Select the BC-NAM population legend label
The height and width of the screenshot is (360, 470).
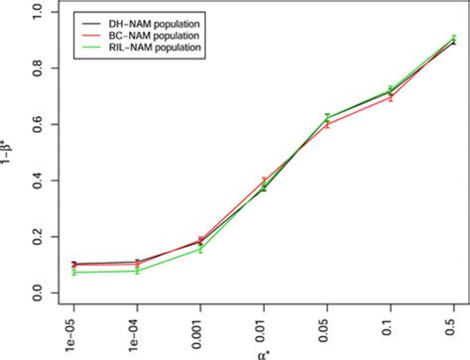coord(145,34)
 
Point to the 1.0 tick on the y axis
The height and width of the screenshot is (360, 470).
coord(37,12)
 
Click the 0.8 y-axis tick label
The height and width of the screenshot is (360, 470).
coord(37,68)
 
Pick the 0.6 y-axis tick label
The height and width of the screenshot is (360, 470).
coord(37,125)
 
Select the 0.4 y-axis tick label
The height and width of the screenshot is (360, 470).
coord(37,181)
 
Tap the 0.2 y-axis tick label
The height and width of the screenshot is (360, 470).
coord(37,238)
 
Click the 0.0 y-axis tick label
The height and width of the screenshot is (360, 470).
coord(37,295)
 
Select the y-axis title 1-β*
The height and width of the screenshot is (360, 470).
coord(10,153)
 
